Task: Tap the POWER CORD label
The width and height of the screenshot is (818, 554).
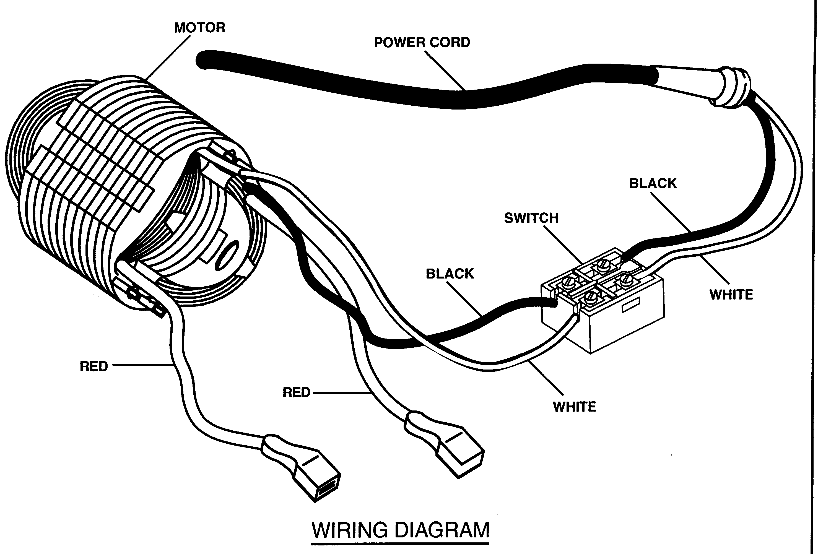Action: (x=422, y=43)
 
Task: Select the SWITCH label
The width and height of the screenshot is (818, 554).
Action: (x=531, y=218)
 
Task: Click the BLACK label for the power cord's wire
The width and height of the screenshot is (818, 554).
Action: (x=653, y=184)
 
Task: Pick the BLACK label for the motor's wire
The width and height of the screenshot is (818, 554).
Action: (x=450, y=274)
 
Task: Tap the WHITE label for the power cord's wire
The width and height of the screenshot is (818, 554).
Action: (x=731, y=295)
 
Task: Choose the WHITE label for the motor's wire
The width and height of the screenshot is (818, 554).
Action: (x=575, y=407)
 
